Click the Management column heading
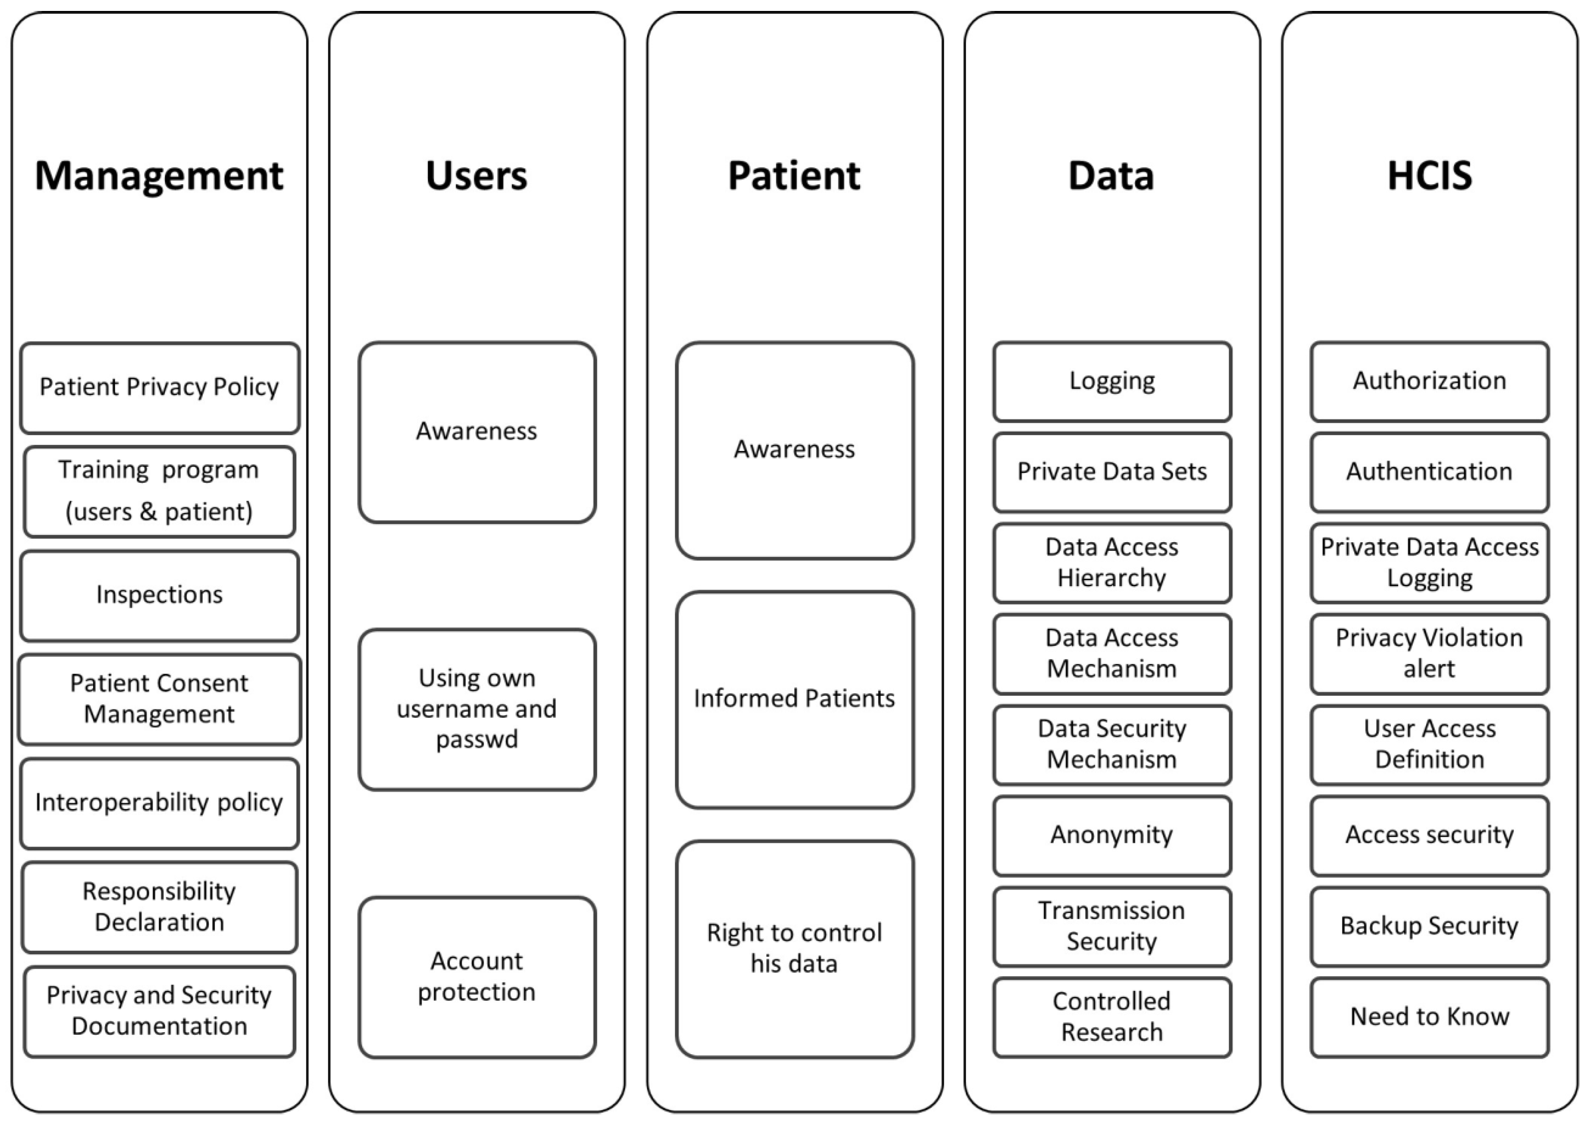click(x=159, y=175)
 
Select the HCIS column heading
click(x=1430, y=175)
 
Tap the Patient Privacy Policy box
click(x=159, y=387)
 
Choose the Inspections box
click(x=159, y=595)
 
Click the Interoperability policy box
click(x=159, y=802)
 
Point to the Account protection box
click(x=476, y=976)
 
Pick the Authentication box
click(x=1430, y=471)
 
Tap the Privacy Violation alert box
click(x=1430, y=653)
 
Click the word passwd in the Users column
click(x=476, y=739)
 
